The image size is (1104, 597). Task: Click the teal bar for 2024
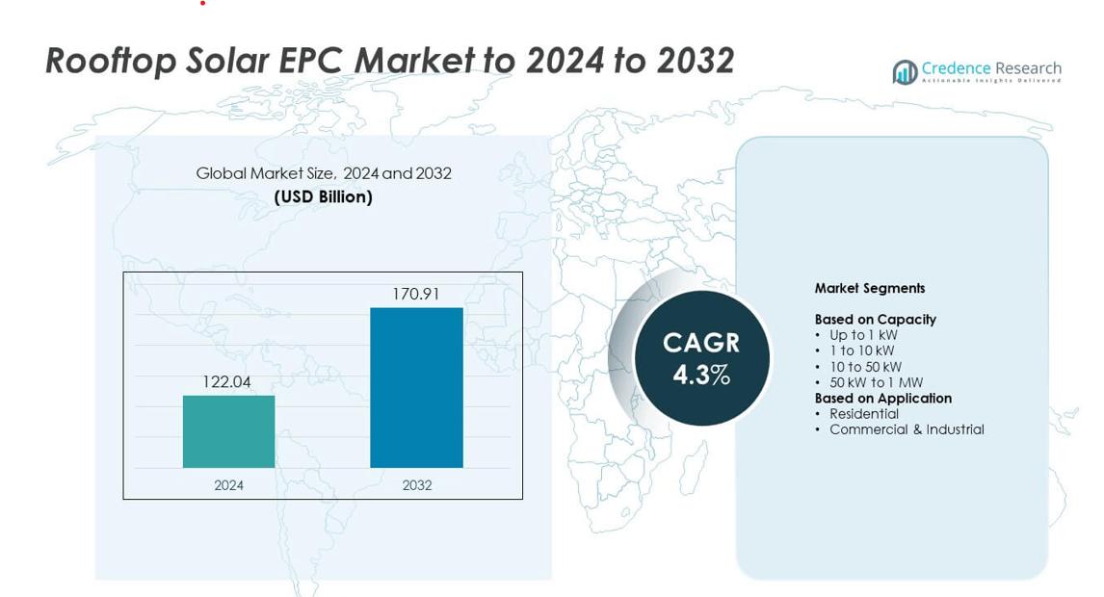[x=229, y=431]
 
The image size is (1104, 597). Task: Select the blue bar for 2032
[x=417, y=387]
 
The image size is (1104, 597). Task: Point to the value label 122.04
[x=226, y=381]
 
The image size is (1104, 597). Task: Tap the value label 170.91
[x=415, y=294]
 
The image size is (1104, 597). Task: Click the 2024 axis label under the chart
[x=229, y=485]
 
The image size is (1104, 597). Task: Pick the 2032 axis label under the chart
[x=417, y=485]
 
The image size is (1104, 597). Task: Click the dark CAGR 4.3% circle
[x=701, y=358]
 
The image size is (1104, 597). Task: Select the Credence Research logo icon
[x=905, y=72]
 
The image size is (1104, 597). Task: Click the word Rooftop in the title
[x=111, y=61]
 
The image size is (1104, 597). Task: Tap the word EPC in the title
[x=313, y=60]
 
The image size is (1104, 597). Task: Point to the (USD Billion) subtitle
[x=323, y=197]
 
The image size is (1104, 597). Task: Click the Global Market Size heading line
[x=323, y=173]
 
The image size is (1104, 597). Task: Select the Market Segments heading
[x=870, y=288]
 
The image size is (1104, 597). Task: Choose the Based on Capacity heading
[x=875, y=320]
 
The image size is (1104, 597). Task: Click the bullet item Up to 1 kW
[x=863, y=335]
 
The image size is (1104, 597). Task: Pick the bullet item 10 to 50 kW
[x=865, y=367]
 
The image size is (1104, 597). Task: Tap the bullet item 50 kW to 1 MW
[x=876, y=382]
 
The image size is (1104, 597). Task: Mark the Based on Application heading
[x=883, y=399]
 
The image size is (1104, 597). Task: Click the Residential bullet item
[x=864, y=414]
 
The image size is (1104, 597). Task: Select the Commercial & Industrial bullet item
[x=907, y=429]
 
